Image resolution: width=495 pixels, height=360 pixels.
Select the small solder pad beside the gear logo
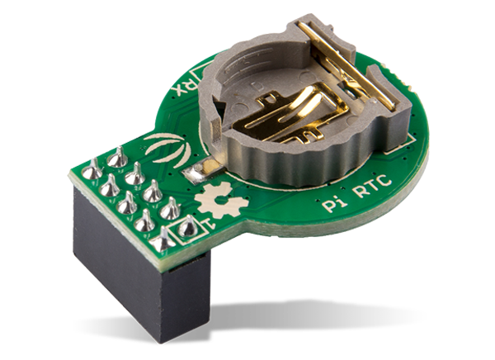click(197, 173)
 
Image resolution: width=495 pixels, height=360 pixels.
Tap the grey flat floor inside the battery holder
click(247, 91)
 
